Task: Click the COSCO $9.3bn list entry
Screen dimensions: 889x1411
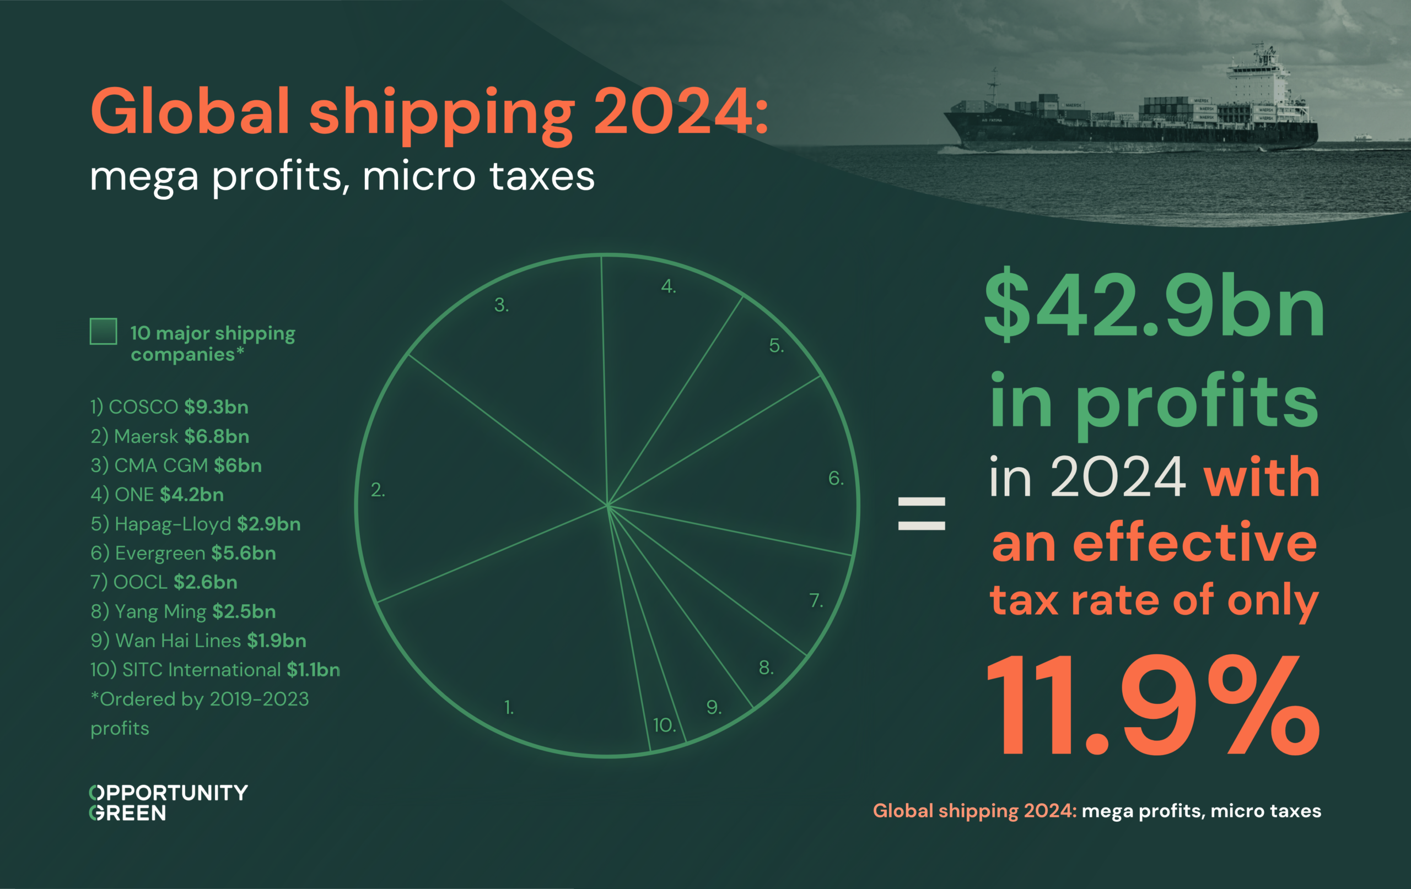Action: click(x=169, y=407)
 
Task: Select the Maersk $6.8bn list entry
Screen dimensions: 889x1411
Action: click(x=170, y=436)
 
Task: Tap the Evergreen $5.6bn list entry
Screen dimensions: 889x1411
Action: click(x=184, y=553)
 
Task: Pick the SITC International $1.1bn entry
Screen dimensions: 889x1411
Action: click(x=215, y=669)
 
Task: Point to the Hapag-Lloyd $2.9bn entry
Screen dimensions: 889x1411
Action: click(x=196, y=524)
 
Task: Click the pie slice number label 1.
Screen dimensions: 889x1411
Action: click(x=509, y=707)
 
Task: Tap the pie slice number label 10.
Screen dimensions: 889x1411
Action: click(x=665, y=725)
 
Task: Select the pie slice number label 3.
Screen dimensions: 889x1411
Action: click(x=502, y=305)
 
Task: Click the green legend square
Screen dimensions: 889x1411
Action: click(x=103, y=332)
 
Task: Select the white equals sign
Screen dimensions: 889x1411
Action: click(x=921, y=513)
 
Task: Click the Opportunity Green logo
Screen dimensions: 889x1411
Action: click(x=168, y=803)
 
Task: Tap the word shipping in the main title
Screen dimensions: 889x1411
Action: click(x=442, y=112)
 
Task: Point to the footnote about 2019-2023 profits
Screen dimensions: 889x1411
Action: click(x=199, y=713)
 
